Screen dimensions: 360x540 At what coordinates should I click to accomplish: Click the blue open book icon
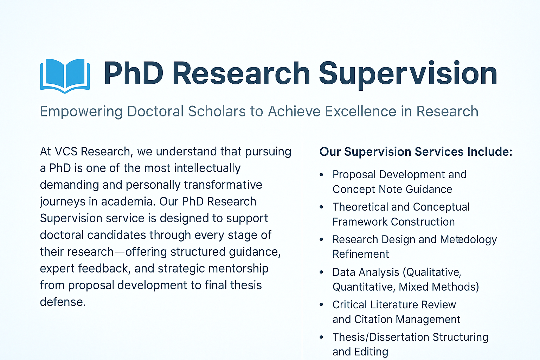[x=65, y=75]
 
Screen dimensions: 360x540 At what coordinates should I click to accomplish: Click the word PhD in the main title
[x=133, y=74]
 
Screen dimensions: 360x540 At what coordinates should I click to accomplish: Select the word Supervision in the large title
[x=408, y=75]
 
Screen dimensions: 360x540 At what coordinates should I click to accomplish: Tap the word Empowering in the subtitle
[x=81, y=112]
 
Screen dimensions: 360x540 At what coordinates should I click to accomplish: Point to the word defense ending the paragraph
[x=62, y=302]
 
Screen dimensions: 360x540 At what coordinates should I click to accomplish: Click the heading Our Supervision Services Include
[x=416, y=152]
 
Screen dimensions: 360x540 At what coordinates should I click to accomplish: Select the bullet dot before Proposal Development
[x=321, y=175]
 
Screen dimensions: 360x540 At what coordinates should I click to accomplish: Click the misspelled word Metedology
[x=468, y=240]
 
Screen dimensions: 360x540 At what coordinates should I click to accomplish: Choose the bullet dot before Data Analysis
[x=321, y=272]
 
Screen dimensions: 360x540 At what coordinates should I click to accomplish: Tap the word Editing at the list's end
[x=371, y=352]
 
